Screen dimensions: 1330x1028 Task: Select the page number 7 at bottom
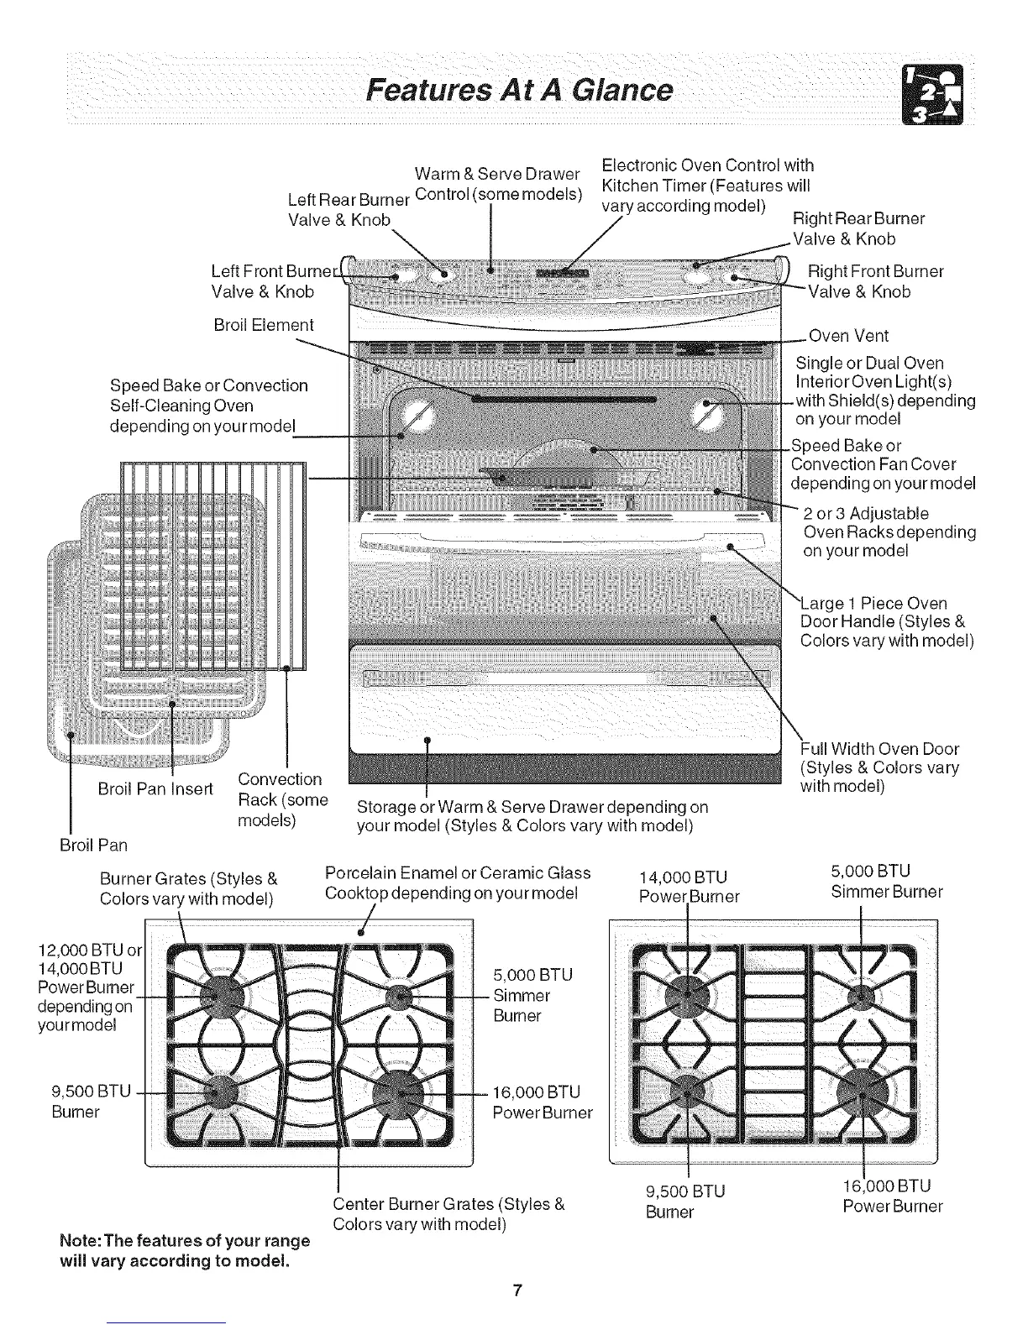coord(518,1291)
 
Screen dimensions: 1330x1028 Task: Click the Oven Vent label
coord(847,336)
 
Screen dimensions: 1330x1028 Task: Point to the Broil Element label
coord(263,325)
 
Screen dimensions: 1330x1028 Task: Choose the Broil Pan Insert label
coord(155,789)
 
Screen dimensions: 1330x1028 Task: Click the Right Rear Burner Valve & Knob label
coord(858,228)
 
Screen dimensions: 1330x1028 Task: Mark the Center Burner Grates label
coord(448,1213)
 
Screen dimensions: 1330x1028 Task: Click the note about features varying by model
coord(185,1250)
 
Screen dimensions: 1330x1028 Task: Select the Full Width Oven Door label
coord(879,767)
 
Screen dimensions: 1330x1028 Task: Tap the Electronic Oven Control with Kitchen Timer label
coord(707,185)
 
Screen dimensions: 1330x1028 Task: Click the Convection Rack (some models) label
coord(282,799)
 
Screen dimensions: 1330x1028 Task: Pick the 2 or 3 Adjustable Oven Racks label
coord(889,532)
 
